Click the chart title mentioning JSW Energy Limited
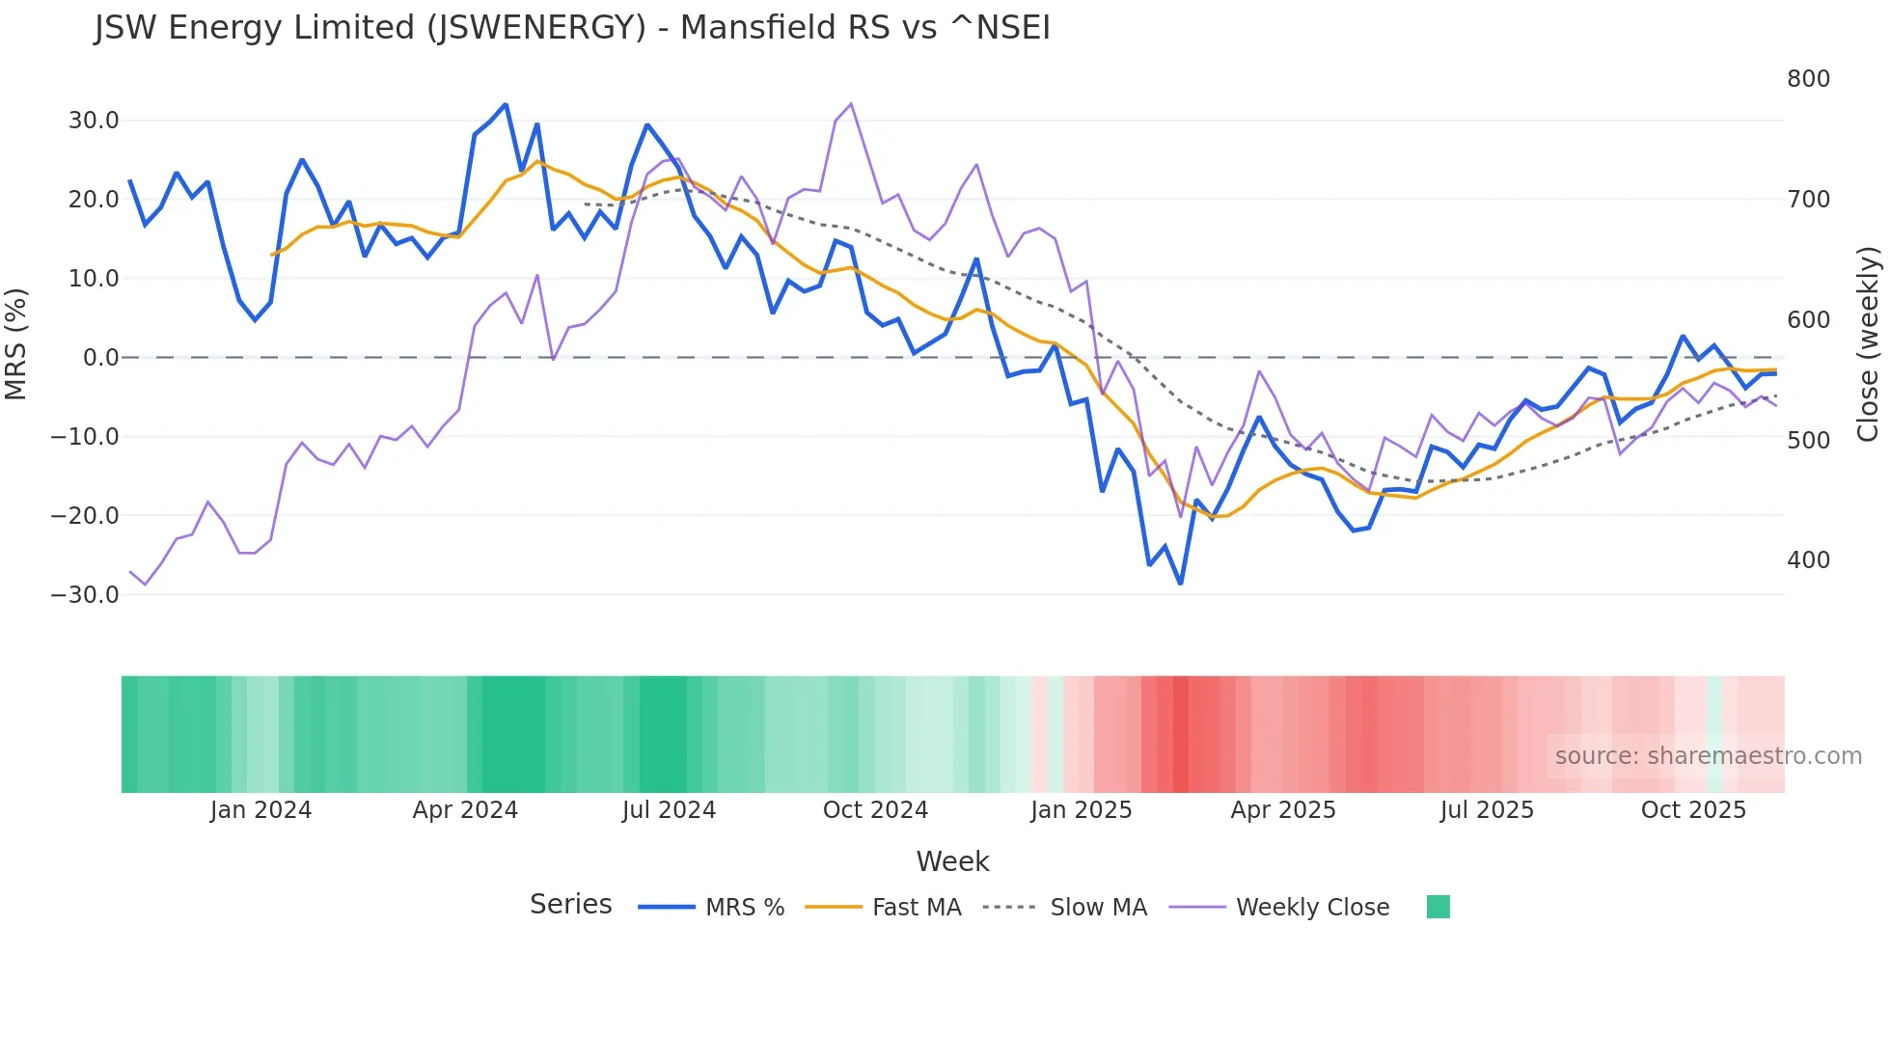572,28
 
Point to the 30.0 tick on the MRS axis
94,121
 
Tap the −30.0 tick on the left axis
85,595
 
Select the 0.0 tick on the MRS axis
100,358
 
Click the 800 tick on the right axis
1808,79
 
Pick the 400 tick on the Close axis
1808,560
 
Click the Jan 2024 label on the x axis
260,810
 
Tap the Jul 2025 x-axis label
1487,810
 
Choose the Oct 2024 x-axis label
875,810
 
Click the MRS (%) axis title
16,344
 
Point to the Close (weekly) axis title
1869,344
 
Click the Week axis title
952,861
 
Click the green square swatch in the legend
1438,908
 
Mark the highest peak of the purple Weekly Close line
850,104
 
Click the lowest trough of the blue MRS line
1180,584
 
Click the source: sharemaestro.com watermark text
1708,756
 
